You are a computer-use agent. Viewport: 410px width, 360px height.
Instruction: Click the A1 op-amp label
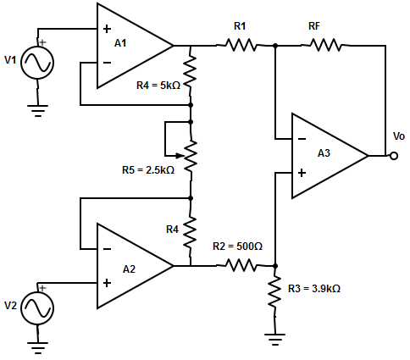120,43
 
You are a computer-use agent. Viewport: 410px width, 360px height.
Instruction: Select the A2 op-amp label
129,269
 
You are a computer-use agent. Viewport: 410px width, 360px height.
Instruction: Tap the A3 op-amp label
324,153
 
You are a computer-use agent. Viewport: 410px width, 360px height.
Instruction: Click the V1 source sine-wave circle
37,63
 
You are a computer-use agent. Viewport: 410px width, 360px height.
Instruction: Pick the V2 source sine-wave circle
37,308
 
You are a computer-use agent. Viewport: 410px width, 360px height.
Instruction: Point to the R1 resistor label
240,26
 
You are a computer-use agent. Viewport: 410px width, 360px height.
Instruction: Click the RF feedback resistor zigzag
325,45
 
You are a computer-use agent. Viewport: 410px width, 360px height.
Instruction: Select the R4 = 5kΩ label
158,86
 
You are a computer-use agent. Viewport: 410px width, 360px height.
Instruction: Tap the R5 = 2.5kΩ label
148,170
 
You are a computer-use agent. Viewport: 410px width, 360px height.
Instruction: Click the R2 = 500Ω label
237,246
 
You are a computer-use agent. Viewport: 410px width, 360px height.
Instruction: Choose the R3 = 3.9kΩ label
314,289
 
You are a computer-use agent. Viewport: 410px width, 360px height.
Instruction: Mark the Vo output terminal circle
394,156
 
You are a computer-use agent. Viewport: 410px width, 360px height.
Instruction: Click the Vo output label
399,136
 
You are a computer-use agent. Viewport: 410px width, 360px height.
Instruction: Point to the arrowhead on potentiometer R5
178,155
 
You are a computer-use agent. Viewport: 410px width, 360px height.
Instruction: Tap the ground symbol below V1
37,111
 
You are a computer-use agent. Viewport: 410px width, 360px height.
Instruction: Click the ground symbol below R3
274,340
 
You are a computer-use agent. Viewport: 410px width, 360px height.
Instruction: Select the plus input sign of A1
107,29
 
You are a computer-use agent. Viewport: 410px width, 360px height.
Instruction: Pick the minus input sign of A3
302,139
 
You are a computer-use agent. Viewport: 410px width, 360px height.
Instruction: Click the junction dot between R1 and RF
275,46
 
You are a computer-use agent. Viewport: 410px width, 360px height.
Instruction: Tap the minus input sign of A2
107,249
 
